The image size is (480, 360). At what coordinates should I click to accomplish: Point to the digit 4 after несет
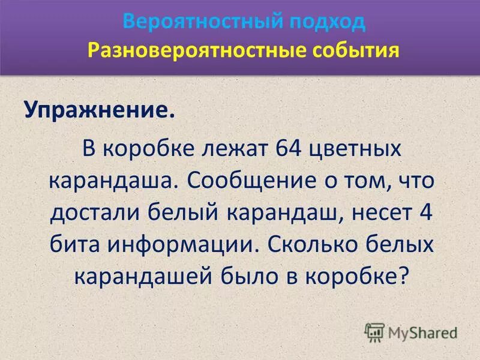(x=425, y=213)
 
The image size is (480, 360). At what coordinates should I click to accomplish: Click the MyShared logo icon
(x=374, y=332)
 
